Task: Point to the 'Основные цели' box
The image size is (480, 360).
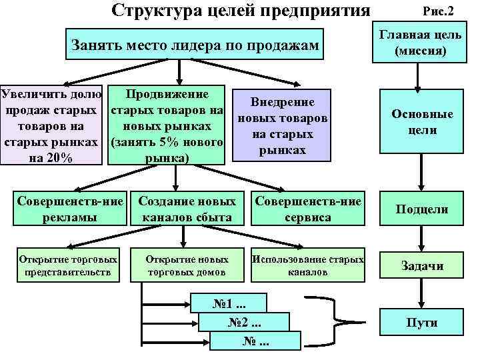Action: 421,122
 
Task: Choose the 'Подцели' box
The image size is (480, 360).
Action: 421,209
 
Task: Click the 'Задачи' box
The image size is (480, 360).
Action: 421,265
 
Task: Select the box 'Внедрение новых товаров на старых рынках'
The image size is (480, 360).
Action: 282,125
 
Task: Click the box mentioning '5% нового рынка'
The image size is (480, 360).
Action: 167,125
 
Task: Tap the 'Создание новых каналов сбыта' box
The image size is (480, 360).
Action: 187,209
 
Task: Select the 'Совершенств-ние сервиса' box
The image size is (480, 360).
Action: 308,209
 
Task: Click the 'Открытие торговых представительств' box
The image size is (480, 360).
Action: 69,265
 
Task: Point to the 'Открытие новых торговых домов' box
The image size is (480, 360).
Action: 187,265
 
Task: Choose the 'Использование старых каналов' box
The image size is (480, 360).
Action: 308,265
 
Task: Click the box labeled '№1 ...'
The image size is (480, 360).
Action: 228,304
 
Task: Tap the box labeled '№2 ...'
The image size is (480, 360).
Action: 245,323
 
